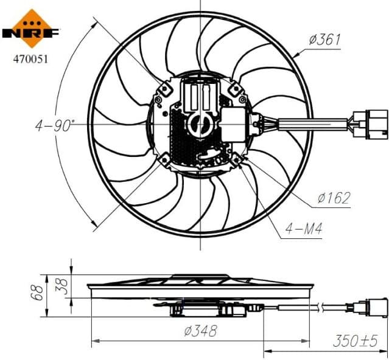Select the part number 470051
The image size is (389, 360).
pyautogui.click(x=30, y=60)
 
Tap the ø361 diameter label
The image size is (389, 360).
pyautogui.click(x=324, y=40)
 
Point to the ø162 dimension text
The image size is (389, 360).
pyautogui.click(x=333, y=198)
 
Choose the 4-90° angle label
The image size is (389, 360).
pyautogui.click(x=55, y=126)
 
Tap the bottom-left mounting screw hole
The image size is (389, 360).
pyautogui.click(x=164, y=159)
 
